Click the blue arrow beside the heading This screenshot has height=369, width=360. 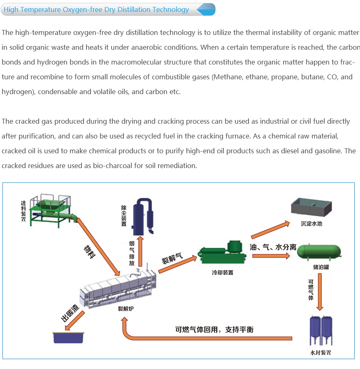pos(206,9)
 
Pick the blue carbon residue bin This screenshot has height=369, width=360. pos(69,336)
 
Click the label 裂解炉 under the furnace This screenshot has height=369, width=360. pos(125,309)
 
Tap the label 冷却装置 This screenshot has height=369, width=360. pos(223,272)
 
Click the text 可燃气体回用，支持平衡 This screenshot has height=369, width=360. pos(214,329)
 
